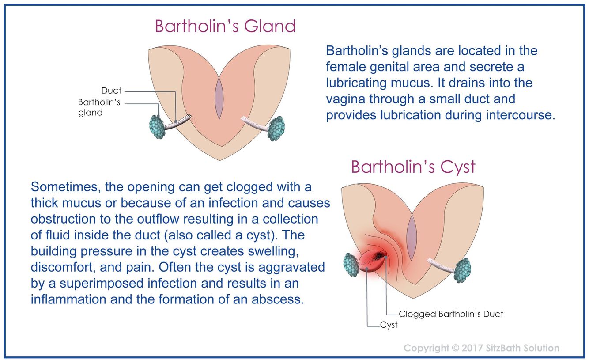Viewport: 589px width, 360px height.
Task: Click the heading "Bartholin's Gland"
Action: [225, 27]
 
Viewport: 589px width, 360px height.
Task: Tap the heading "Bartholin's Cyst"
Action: [413, 167]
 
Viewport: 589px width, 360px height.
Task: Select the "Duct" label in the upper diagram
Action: [111, 91]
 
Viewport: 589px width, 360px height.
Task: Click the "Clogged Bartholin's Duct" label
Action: [451, 314]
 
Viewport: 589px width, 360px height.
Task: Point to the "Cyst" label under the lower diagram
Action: [389, 325]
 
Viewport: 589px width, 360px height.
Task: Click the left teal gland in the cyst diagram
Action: [351, 264]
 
